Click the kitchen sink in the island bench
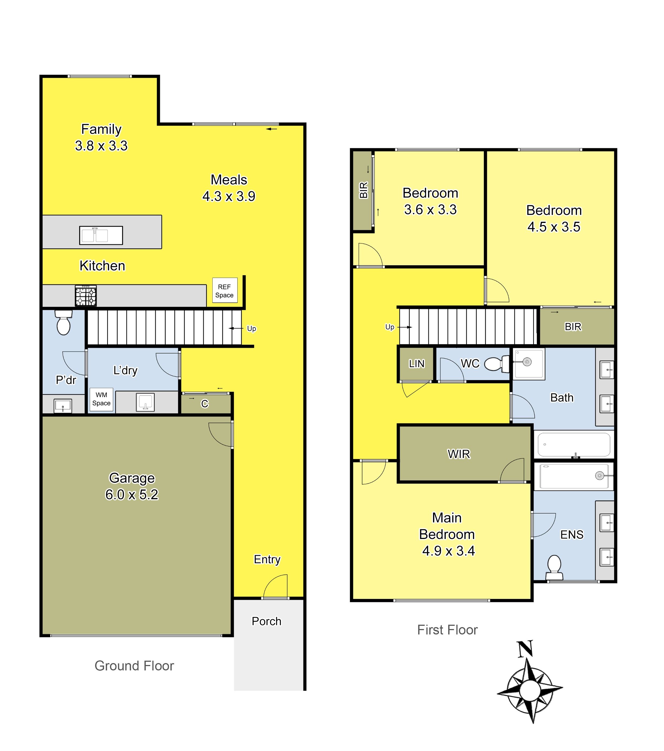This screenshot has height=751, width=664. click(101, 235)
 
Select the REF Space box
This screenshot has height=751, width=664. click(224, 290)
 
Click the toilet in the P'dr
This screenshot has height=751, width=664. click(64, 323)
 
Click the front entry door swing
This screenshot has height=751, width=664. click(276, 587)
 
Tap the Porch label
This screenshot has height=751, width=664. click(266, 621)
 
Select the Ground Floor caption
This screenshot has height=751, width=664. click(134, 666)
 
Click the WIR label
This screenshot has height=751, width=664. click(459, 454)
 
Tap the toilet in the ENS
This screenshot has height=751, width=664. click(554, 568)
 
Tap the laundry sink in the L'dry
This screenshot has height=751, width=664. click(145, 402)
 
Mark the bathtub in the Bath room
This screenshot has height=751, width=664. click(574, 445)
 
